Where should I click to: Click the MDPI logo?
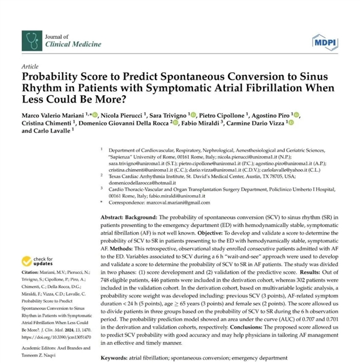pos(325,41)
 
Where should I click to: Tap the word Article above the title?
pos(30,67)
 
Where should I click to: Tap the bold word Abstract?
pos(117,217)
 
